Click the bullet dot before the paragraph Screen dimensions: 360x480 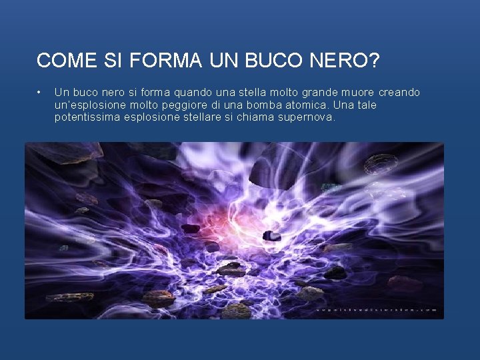(40, 92)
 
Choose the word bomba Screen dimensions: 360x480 (271, 105)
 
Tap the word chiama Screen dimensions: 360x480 (253, 117)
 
